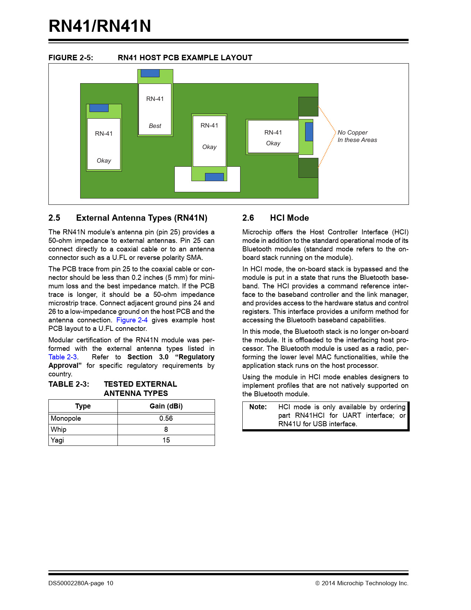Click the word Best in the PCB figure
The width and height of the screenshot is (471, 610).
pyautogui.click(x=155, y=126)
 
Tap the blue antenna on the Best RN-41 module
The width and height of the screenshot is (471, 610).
pyautogui.click(x=150, y=73)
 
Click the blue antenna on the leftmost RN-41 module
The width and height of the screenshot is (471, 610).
pyautogui.click(x=99, y=108)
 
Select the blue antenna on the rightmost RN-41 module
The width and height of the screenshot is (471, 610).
pyautogui.click(x=309, y=132)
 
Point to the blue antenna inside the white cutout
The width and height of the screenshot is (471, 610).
pyautogui.click(x=214, y=177)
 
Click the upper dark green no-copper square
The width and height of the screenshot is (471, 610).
pyautogui.click(x=308, y=106)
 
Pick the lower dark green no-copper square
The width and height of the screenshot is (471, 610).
pyautogui.click(x=308, y=168)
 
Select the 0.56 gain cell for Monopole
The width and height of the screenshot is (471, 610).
pyautogui.click(x=166, y=418)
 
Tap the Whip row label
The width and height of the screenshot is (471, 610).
pyautogui.click(x=59, y=430)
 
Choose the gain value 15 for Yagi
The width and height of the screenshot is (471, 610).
pyautogui.click(x=166, y=440)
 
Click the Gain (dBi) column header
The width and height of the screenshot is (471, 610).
pyautogui.click(x=166, y=406)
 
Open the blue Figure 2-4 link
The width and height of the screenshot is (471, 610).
pyautogui.click(x=132, y=320)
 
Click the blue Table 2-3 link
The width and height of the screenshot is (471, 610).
pyautogui.click(x=63, y=357)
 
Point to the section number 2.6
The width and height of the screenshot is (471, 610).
pyautogui.click(x=248, y=218)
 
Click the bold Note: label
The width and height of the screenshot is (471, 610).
pyautogui.click(x=258, y=407)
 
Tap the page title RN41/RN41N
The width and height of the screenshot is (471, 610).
pyautogui.click(x=100, y=26)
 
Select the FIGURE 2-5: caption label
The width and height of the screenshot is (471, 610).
pyautogui.click(x=71, y=58)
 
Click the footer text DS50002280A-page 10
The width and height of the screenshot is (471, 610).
pyautogui.click(x=81, y=583)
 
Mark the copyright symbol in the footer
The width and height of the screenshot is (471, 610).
pyautogui.click(x=317, y=583)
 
